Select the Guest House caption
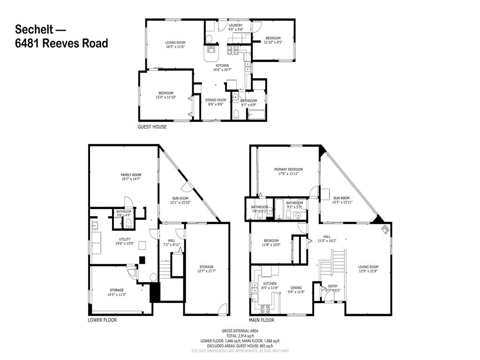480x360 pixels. (151, 127)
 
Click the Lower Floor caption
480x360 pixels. (102, 320)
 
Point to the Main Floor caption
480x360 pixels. (262, 320)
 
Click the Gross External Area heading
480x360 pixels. (240, 331)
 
